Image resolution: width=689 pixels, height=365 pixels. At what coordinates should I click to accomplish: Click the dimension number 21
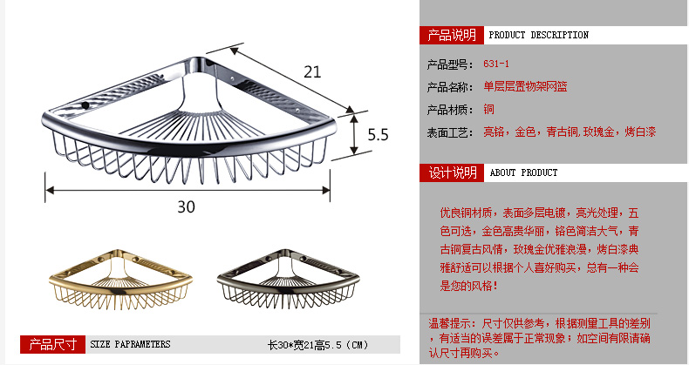(x=313, y=71)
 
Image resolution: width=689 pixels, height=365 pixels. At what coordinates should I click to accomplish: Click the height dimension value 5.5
(x=377, y=135)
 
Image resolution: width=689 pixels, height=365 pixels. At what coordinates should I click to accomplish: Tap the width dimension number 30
(x=187, y=206)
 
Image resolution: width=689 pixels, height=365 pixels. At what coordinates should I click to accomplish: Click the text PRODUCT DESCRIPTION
(x=538, y=36)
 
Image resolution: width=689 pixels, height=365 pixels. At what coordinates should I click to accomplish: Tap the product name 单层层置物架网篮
(x=525, y=87)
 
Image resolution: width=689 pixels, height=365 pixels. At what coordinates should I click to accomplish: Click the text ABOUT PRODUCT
(x=523, y=173)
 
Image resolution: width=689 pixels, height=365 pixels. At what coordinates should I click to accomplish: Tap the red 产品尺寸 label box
(x=51, y=344)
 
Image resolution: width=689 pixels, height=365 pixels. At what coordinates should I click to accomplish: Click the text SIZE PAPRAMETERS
(x=130, y=345)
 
